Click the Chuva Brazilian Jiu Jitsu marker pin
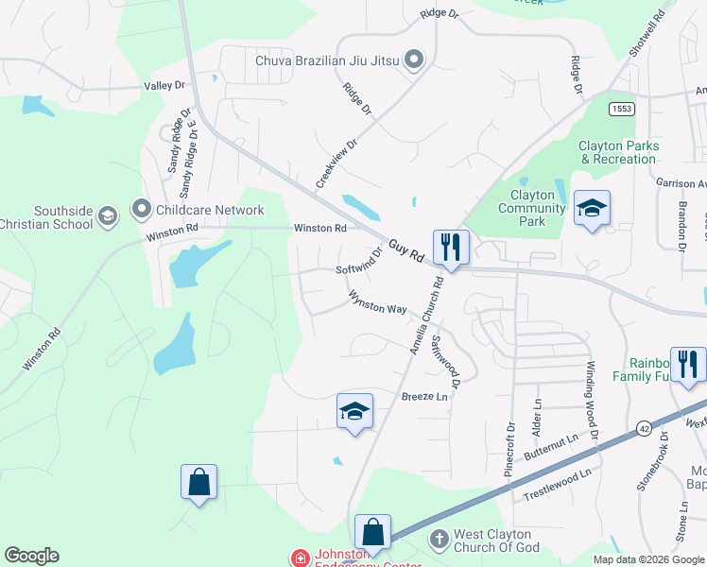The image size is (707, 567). tap(413, 61)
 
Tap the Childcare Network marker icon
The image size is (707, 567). tap(142, 207)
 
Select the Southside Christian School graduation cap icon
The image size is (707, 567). tap(108, 217)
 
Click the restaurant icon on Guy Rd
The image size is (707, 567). tap(451, 248)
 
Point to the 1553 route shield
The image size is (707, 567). tap(621, 109)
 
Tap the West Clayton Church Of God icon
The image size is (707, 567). tap(439, 540)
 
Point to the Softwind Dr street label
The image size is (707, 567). tap(360, 262)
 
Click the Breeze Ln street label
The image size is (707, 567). tap(423, 397)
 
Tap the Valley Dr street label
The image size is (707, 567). tap(165, 86)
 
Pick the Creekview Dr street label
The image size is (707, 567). tap(337, 163)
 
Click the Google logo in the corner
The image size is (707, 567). tap(31, 556)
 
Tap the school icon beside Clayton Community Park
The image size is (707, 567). tap(592, 208)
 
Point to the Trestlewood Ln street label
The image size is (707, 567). tap(559, 484)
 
